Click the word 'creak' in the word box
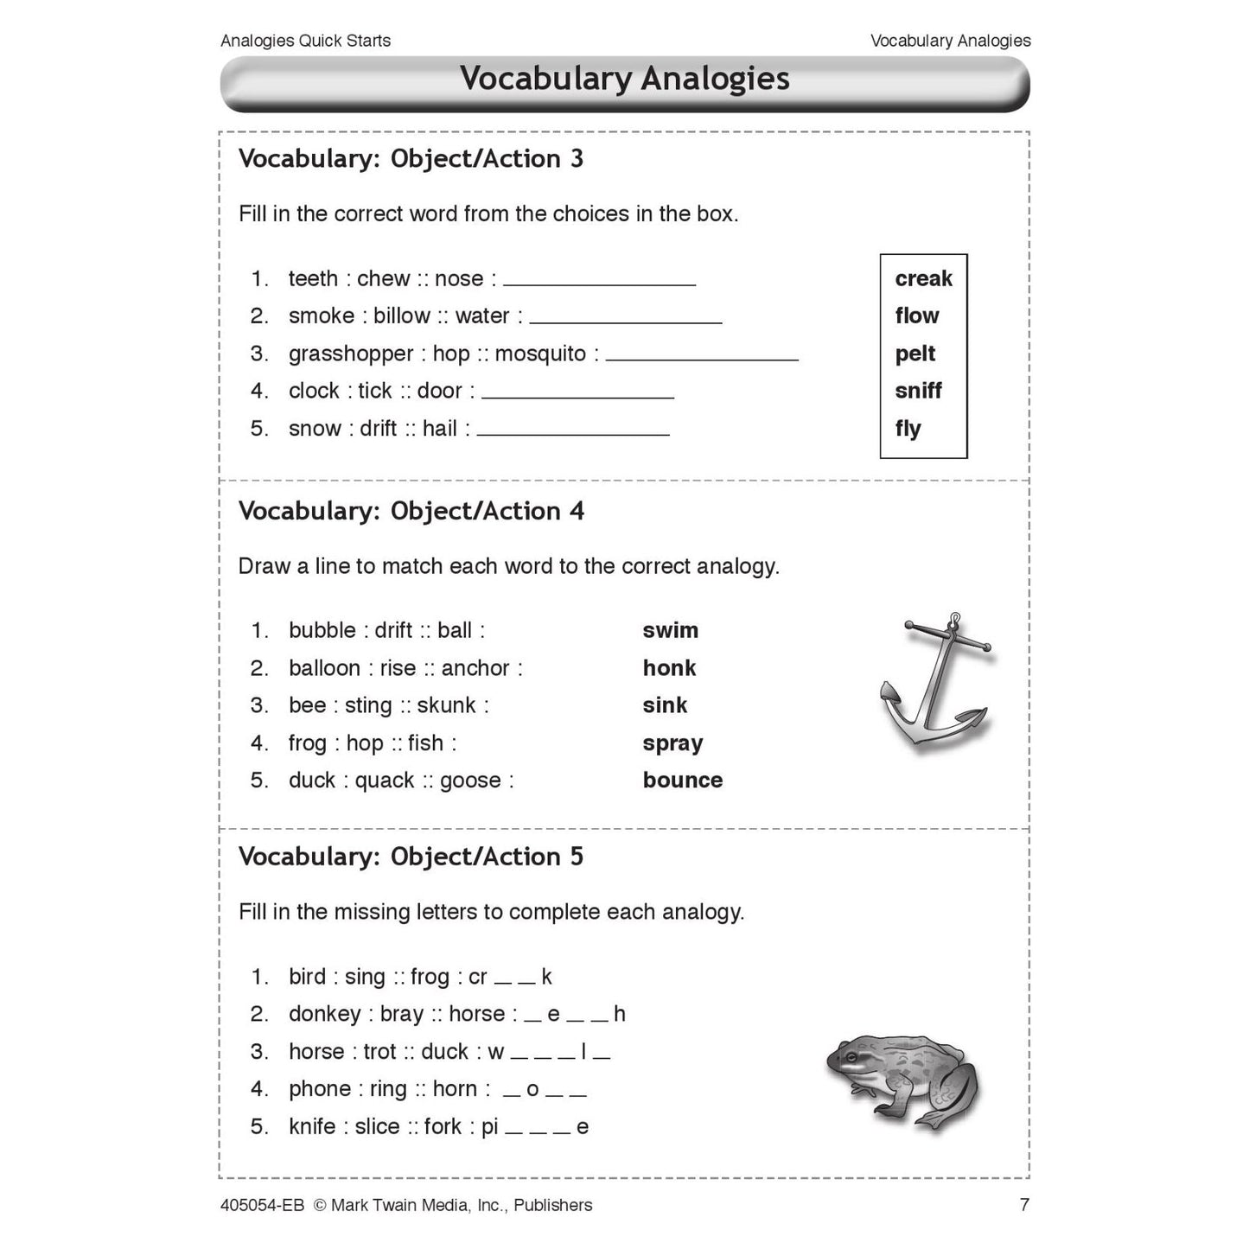923,278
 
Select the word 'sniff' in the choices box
918,391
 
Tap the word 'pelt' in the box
915,354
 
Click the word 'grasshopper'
351,354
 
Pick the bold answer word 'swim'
670,631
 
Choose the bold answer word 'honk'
669,668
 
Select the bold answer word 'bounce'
682,781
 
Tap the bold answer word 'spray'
672,743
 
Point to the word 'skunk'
446,706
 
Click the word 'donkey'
325,1014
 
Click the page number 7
1024,1205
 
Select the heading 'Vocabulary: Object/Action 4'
411,511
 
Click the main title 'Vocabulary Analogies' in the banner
624,79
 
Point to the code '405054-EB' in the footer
262,1205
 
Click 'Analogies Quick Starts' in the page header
305,41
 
